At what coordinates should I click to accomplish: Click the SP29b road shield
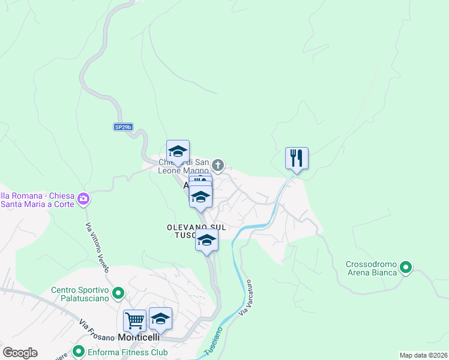tap(122, 127)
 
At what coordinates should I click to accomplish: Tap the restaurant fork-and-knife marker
tap(297, 158)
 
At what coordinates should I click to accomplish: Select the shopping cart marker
tap(134, 320)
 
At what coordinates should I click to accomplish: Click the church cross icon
tap(218, 165)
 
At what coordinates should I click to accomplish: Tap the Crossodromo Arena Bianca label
tap(372, 268)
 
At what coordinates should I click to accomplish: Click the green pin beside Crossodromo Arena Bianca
tap(406, 268)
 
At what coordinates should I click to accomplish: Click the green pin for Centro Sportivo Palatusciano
tap(118, 293)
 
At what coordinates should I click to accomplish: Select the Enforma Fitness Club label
tap(120, 352)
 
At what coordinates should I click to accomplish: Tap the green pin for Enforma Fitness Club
tap(77, 352)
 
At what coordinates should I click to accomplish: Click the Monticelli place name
tap(139, 337)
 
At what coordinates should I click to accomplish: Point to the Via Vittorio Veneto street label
tap(96, 247)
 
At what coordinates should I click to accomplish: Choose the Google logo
tap(20, 352)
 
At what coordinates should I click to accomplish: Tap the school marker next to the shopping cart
tap(161, 320)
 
